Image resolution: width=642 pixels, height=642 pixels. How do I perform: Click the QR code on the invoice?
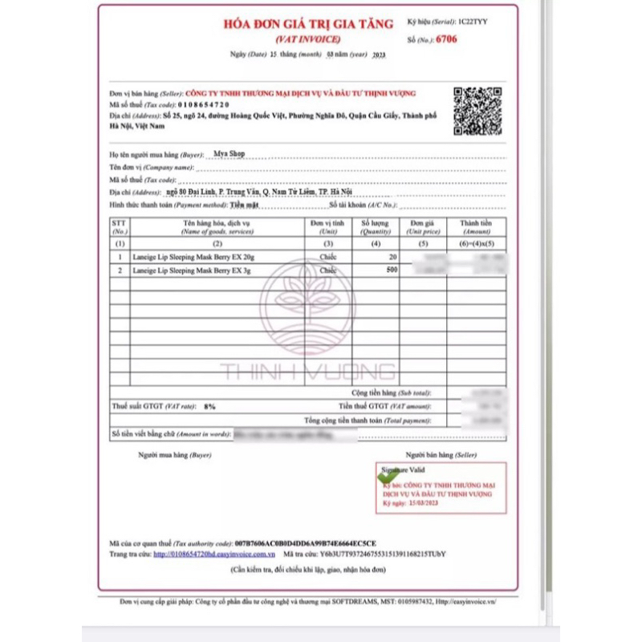tap(478, 109)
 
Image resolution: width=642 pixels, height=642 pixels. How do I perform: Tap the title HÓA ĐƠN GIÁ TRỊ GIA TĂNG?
tap(308, 24)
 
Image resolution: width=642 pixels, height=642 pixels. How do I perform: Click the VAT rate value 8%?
tap(209, 407)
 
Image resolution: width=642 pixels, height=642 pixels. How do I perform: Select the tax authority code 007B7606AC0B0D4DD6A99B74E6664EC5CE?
tap(304, 542)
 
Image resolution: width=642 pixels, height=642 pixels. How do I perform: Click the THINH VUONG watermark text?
tap(308, 371)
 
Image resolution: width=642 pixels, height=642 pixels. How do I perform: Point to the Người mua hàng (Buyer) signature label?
tap(174, 455)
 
